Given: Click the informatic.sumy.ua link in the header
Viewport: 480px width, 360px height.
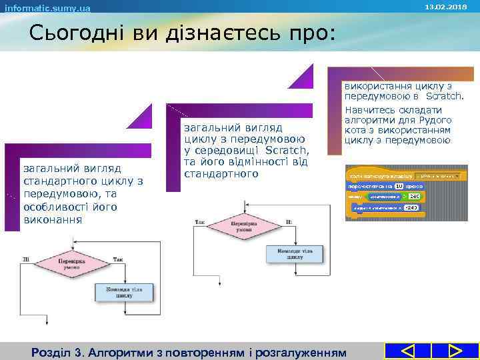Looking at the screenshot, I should pyautogui.click(x=47, y=8).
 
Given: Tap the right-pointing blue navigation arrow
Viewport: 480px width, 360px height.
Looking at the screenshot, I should pyautogui.click(x=455, y=351).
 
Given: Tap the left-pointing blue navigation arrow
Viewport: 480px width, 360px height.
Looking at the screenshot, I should pyautogui.click(x=409, y=351).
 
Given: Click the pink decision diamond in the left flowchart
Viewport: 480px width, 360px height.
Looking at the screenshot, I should pyautogui.click(x=71, y=263).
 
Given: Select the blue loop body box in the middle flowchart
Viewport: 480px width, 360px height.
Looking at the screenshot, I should pyautogui.click(x=295, y=253).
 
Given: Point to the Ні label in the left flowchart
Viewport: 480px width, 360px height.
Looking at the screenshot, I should pyautogui.click(x=26, y=259).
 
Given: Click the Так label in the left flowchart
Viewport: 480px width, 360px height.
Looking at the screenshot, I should pyautogui.click(x=117, y=259).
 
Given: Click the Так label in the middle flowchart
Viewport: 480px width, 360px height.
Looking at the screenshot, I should pyautogui.click(x=199, y=222).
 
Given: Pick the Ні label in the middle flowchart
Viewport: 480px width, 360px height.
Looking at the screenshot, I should pyautogui.click(x=288, y=222).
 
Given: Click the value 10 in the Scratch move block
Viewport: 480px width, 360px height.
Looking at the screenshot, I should pyautogui.click(x=399, y=186).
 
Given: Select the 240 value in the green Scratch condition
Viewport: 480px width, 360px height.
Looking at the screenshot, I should pyautogui.click(x=414, y=197).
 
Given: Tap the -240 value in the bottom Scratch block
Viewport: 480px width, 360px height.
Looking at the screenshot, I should pyautogui.click(x=411, y=208).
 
